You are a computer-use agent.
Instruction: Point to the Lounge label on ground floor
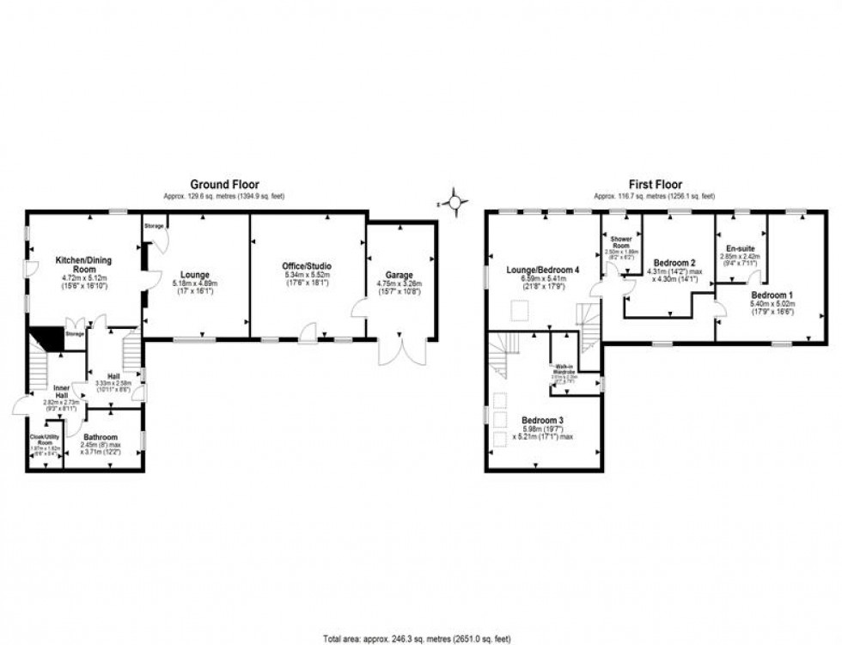[x=196, y=275]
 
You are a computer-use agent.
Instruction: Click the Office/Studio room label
[x=308, y=266]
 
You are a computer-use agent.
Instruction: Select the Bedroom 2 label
[x=674, y=262]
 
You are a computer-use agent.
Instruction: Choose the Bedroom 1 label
[x=772, y=295]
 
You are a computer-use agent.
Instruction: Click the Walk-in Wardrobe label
[x=564, y=370]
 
